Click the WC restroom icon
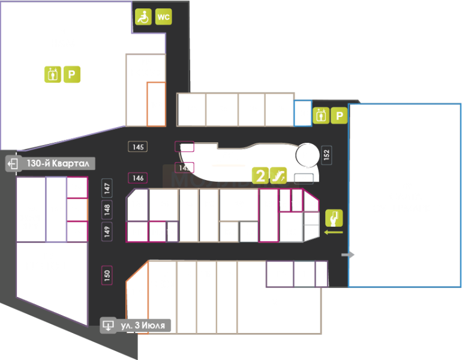(163, 17)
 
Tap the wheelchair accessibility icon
(143, 17)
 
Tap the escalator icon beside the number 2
(278, 176)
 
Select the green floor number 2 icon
(260, 176)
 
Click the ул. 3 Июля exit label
(136, 326)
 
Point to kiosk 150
(107, 275)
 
